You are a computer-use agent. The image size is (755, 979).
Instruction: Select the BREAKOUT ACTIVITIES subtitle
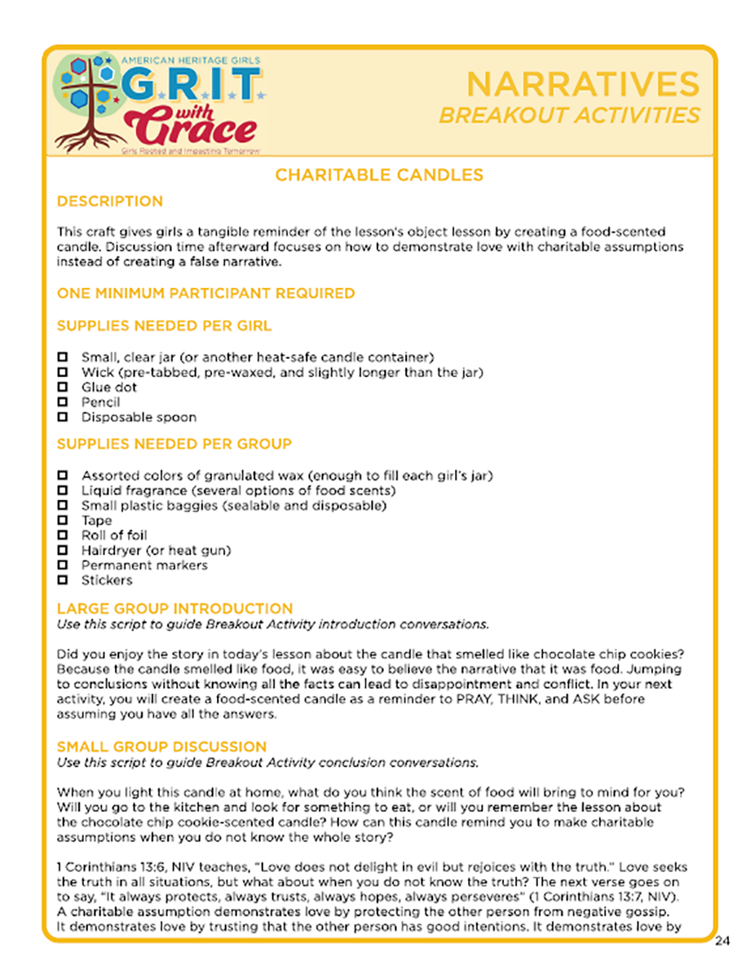tap(569, 115)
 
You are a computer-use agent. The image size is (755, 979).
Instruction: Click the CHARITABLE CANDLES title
tap(378, 175)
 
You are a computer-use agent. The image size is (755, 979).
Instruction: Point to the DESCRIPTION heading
tap(109, 202)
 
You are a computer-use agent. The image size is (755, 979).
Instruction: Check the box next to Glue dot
tap(62, 388)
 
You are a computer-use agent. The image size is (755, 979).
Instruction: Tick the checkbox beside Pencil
tap(62, 402)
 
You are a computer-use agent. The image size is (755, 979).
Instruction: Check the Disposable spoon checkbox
tap(62, 417)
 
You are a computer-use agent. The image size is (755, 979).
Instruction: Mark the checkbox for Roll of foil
tap(62, 535)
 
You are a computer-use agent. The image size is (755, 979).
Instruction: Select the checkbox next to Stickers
tap(62, 580)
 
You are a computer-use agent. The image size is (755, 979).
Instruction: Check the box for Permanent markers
tap(62, 565)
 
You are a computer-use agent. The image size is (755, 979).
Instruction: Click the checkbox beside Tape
tap(62, 521)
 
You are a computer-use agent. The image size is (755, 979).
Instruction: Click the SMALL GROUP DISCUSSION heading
tap(161, 746)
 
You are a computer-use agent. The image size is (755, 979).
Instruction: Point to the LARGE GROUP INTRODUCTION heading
tap(174, 609)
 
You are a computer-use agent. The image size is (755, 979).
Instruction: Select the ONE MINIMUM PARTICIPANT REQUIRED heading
tap(205, 292)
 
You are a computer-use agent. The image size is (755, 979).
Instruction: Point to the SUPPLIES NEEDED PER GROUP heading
tap(174, 445)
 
